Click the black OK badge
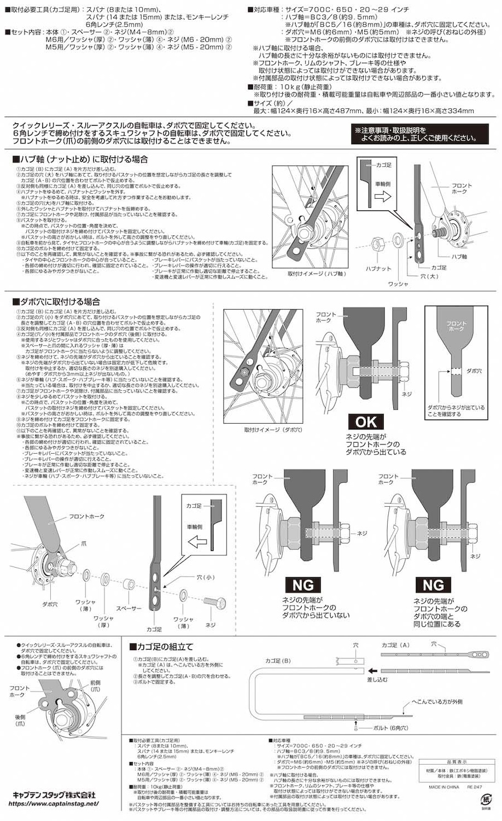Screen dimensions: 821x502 point(366,421)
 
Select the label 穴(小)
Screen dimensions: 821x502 point(206,577)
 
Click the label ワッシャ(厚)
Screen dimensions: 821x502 point(104,621)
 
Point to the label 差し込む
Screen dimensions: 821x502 point(376,679)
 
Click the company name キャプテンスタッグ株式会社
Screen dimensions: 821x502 point(54,795)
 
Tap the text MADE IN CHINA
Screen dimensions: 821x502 point(444,787)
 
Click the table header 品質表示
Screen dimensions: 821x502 point(457,761)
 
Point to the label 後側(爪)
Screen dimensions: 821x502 point(20,720)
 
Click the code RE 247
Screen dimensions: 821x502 point(475,787)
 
